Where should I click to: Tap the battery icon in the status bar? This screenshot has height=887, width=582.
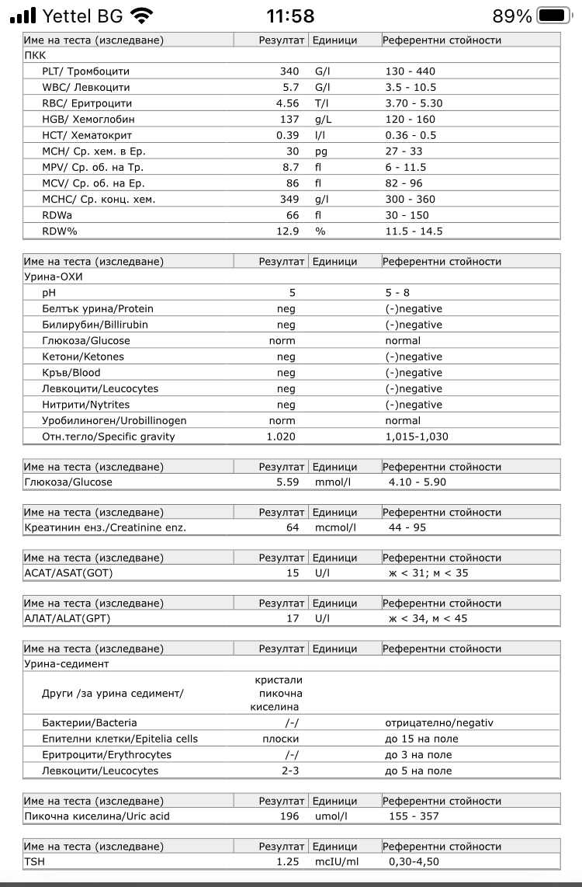point(553,16)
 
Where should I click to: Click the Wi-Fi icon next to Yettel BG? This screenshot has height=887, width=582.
point(141,16)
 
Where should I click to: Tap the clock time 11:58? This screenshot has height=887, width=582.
point(290,16)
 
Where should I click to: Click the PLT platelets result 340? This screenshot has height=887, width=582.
point(289,71)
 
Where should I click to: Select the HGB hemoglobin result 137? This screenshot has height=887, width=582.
point(289,120)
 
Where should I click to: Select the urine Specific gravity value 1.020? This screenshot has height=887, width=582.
point(281,437)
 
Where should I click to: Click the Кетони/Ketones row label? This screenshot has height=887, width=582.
point(83,357)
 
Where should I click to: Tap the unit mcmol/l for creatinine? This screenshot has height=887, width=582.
point(334,528)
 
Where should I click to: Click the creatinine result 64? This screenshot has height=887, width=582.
point(293,528)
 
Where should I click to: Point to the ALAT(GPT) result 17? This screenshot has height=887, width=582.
point(293,619)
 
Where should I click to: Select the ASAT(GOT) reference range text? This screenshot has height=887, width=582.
point(428,573)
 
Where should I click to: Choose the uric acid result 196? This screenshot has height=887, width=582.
point(289,816)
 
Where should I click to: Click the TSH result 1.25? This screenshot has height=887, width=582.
point(288,862)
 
